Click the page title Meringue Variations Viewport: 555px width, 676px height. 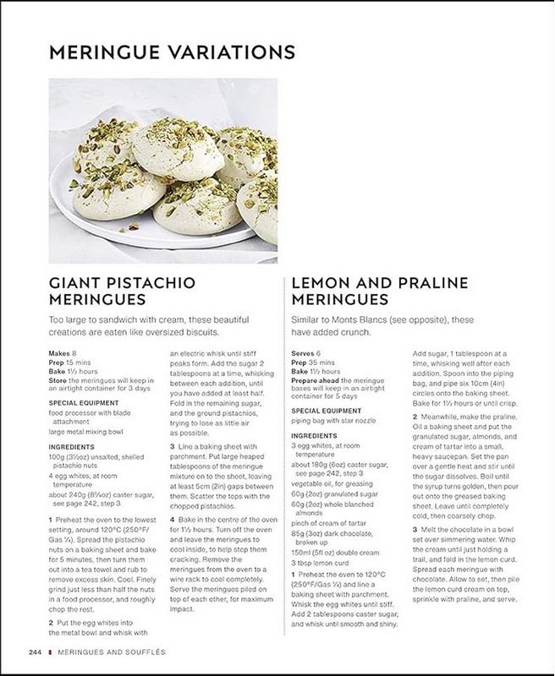[172, 52]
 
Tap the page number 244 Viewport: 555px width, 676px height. [35, 652]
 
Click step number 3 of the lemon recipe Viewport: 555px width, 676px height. [415, 528]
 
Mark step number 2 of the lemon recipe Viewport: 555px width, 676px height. [415, 406]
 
